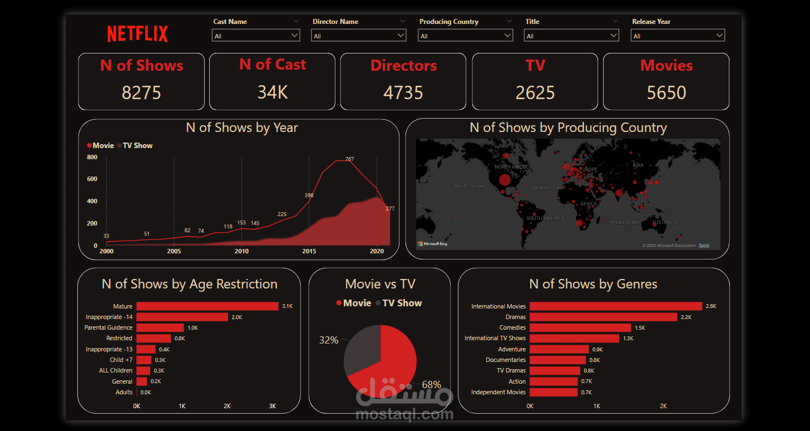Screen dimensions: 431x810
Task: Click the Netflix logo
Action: tap(137, 34)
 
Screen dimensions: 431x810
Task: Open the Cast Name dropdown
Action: tap(256, 36)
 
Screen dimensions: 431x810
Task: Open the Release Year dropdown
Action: tap(678, 36)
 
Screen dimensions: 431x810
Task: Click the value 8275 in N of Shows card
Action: tap(141, 92)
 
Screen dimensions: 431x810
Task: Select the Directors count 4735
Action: tap(403, 92)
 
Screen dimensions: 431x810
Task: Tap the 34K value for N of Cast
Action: tap(273, 92)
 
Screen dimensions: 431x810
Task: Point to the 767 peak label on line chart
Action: tap(349, 159)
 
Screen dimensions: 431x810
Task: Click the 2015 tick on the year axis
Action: tap(309, 251)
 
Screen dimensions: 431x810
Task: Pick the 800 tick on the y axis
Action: tap(92, 158)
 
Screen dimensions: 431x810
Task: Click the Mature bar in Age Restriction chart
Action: tap(207, 306)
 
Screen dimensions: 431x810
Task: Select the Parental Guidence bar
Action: tap(160, 327)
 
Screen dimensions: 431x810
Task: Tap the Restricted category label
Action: tap(119, 339)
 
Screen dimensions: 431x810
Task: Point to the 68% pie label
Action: tap(431, 384)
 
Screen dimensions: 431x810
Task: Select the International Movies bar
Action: tap(615, 306)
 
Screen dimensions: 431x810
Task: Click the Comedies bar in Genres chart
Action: tap(580, 328)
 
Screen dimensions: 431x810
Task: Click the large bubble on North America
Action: tap(505, 180)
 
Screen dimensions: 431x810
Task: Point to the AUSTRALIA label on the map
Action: tap(664, 222)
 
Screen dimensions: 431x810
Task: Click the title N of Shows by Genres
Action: tap(593, 284)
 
